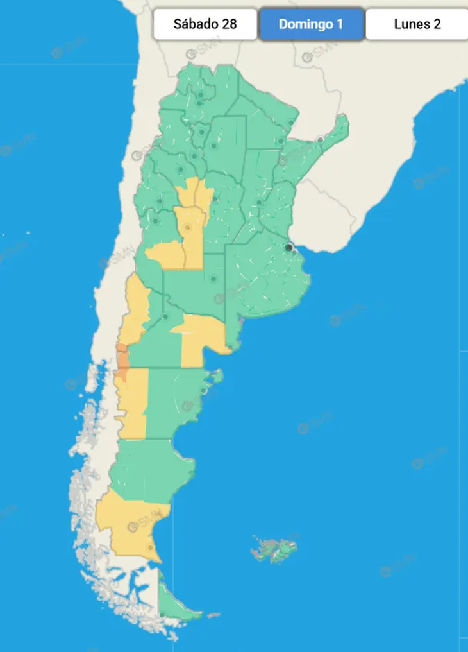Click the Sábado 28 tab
pos(205,24)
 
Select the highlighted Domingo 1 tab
pos(311,24)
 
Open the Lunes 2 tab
pos(417,24)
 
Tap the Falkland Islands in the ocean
pos(272,550)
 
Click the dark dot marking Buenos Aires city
pos(289,247)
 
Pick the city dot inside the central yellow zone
pos(187,227)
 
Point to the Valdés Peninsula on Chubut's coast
pos(217,376)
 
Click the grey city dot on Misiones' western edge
pos(320,139)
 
